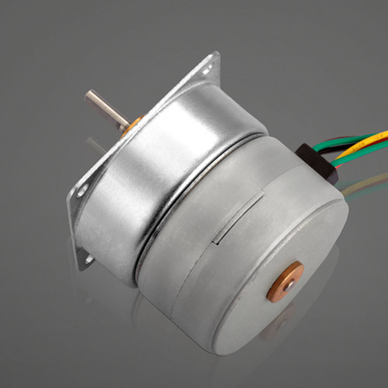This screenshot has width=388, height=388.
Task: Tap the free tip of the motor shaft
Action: tap(89, 97)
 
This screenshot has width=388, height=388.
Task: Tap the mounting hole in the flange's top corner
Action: tap(207, 69)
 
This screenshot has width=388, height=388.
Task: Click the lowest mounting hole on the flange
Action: tap(90, 258)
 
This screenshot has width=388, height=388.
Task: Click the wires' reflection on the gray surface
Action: tap(365, 186)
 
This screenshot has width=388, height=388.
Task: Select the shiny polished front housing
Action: tap(155, 178)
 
